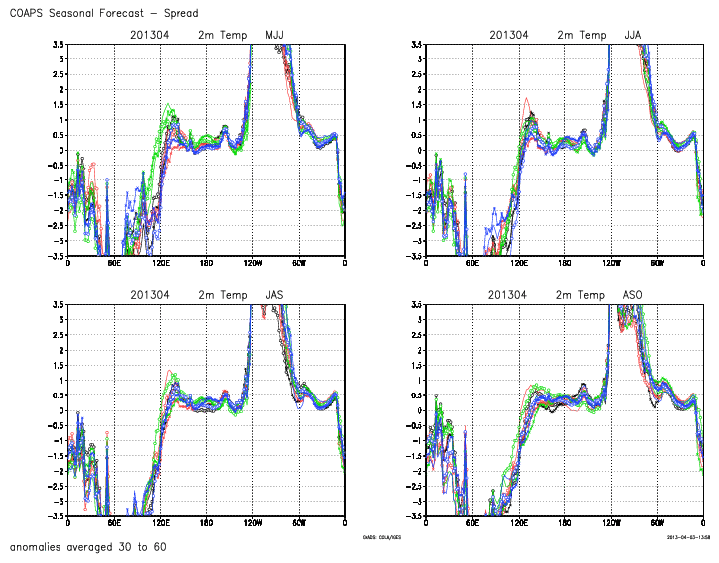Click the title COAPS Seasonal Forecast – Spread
(x=103, y=13)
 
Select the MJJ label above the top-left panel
(x=274, y=35)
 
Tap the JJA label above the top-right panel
(x=633, y=35)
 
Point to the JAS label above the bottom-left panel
(x=274, y=295)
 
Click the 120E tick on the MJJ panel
(x=161, y=264)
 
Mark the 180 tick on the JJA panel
(x=565, y=264)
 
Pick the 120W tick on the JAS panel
(x=252, y=524)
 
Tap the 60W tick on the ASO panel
(x=657, y=524)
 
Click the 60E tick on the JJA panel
(x=473, y=264)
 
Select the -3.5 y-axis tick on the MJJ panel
(x=59, y=256)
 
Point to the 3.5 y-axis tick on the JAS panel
(x=59, y=304)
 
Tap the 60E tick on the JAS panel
(x=114, y=524)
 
